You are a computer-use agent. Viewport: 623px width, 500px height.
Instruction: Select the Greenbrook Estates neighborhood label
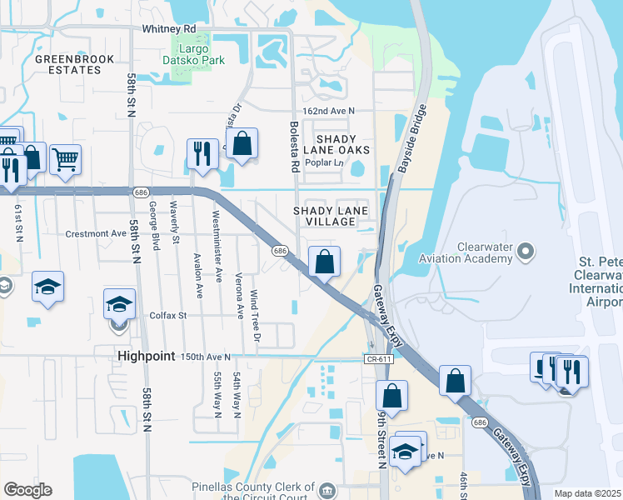click(68, 64)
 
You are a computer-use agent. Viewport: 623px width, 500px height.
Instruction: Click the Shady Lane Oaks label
click(336, 144)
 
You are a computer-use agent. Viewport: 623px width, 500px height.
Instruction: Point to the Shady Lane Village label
click(331, 217)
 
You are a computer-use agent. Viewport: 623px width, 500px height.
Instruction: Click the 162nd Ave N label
click(328, 111)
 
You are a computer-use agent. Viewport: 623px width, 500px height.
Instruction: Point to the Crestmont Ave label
click(96, 234)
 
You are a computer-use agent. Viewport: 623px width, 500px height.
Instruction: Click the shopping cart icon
click(65, 158)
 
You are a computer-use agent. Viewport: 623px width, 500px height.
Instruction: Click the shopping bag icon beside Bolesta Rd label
click(241, 142)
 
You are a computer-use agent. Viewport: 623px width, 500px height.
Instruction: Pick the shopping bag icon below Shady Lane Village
click(324, 261)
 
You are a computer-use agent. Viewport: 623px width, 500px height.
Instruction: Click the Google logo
click(27, 490)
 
